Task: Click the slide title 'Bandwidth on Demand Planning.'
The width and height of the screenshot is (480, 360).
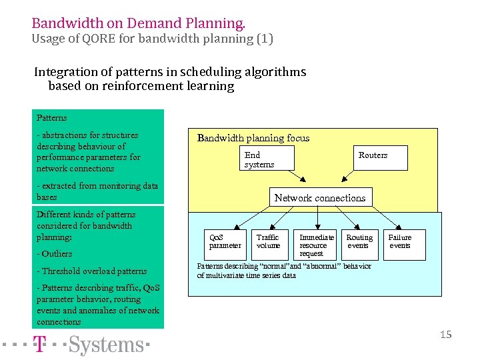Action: pos(139,23)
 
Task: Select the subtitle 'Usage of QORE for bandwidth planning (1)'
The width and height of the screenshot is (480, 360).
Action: pos(152,39)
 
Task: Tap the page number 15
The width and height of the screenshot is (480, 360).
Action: pos(445,335)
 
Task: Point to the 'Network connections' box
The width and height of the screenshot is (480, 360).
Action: pos(320,197)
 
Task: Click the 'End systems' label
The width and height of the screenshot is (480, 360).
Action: pos(259,160)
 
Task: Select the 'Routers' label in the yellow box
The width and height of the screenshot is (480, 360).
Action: pos(373,155)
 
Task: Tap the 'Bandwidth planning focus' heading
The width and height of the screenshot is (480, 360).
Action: pos(253,138)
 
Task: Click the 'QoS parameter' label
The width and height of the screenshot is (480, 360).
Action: pos(225,241)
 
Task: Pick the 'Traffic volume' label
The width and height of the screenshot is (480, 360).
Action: pos(268,241)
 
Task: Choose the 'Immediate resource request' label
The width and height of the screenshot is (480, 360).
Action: pos(317,245)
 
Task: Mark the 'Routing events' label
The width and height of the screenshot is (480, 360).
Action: pos(359,241)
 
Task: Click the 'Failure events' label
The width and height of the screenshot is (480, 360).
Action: pos(400,241)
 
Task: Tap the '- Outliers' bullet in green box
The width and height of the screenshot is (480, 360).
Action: pos(55,253)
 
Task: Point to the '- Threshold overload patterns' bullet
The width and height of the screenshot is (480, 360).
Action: pos(92,271)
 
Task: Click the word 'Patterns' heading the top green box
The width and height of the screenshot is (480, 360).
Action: pos(51,117)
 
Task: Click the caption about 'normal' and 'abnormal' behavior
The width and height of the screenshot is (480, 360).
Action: pos(284,271)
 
